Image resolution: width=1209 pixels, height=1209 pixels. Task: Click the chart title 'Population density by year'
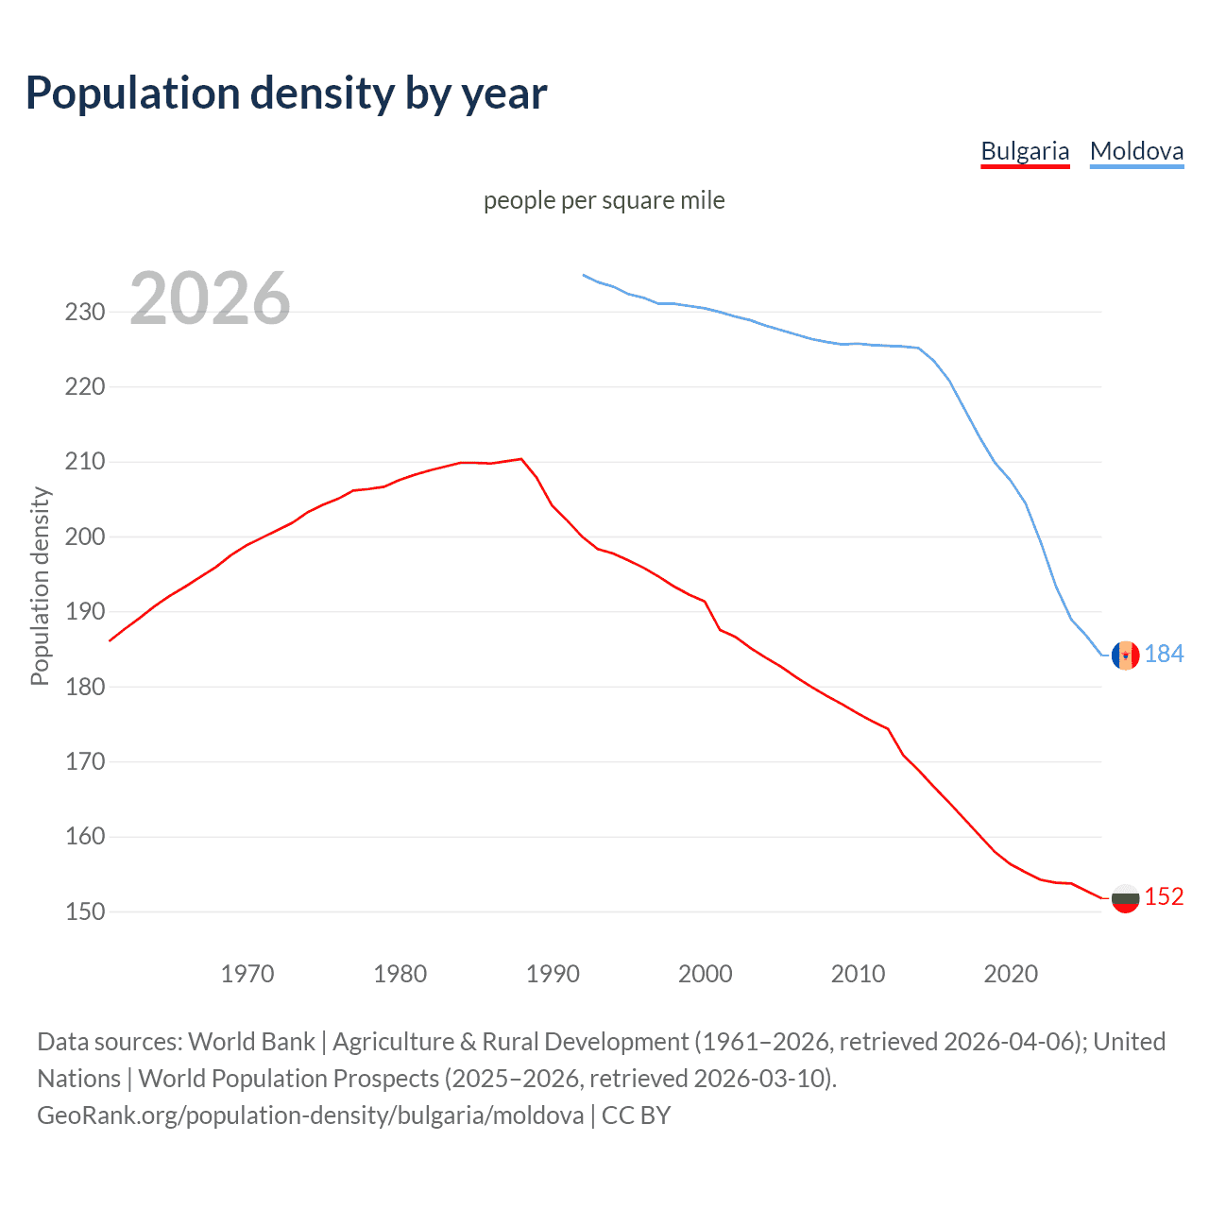pos(286,94)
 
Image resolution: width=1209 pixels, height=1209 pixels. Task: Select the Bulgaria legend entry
pos(1025,151)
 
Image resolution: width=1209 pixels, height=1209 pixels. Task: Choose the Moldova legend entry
pos(1136,151)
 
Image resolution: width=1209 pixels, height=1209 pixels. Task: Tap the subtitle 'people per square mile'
pos(604,200)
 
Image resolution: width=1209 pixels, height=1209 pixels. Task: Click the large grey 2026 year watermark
pos(210,298)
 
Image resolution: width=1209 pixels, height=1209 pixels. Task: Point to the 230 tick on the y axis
pos(85,312)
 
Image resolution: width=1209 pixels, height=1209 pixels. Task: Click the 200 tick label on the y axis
pos(85,536)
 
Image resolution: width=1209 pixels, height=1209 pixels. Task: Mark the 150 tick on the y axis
pos(85,911)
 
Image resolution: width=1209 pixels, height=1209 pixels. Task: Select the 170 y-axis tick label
pos(85,761)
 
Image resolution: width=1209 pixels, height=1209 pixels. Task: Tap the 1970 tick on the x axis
pos(247,973)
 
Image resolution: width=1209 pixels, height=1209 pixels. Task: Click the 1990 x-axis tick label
pos(553,973)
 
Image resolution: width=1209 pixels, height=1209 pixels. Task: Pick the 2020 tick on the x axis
pos(1011,973)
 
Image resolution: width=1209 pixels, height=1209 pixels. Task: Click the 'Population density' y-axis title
pos(40,586)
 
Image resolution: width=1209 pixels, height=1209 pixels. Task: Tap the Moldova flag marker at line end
pos(1125,655)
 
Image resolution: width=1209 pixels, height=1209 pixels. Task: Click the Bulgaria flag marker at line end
pos(1125,898)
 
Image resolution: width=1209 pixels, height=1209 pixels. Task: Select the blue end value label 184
pos(1164,655)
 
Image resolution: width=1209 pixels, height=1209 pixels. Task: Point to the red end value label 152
pos(1164,896)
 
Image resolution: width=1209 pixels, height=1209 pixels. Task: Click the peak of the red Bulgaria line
pos(520,459)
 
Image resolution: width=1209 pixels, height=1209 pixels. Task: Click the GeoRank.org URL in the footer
pos(310,1115)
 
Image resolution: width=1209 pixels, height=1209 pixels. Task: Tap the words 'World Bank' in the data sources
pos(251,1042)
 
